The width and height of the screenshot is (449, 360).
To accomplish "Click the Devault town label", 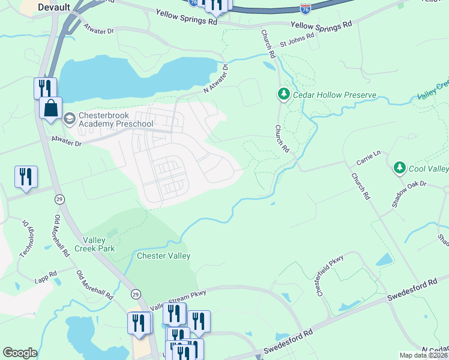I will point(53,7).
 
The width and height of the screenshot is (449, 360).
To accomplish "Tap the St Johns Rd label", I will point(297,40).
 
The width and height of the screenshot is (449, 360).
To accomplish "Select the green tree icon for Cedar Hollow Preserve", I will point(283,94).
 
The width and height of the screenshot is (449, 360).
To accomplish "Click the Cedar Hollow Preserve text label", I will point(335,95).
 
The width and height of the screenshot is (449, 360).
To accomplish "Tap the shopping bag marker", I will point(51,109).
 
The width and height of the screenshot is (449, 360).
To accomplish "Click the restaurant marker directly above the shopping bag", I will point(45,88).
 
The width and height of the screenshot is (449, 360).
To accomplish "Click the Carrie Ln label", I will point(369,155).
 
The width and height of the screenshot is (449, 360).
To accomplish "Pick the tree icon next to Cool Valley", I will point(400,168).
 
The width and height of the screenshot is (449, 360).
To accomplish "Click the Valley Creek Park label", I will point(94,244).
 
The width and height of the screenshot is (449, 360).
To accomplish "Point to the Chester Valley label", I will point(164,256).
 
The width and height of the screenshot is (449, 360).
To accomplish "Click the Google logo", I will point(20,353).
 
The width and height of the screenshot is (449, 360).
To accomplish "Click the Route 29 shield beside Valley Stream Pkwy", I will point(136,294).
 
